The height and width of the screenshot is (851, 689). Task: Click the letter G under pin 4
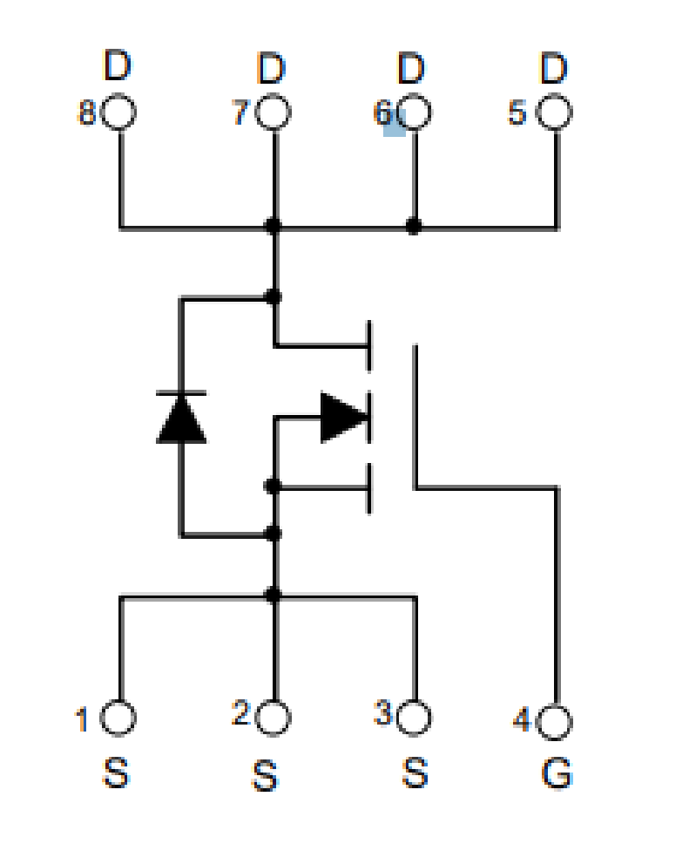point(557,773)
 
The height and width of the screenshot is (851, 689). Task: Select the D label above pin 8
point(118,65)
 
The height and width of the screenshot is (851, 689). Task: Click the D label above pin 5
point(554,68)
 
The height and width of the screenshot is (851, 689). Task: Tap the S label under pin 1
point(116,773)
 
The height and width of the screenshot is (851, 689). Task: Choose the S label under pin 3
point(415,773)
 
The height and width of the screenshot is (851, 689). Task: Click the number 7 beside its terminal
point(240,112)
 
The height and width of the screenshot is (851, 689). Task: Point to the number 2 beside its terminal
point(240,712)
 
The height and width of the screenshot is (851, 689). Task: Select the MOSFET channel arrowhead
point(345,417)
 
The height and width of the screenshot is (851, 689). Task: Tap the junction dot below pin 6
point(414,226)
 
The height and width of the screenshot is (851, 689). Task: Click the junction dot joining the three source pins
point(274,595)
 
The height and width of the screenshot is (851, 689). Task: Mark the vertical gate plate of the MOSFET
point(415,416)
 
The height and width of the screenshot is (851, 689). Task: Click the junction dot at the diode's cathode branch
point(274,296)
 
